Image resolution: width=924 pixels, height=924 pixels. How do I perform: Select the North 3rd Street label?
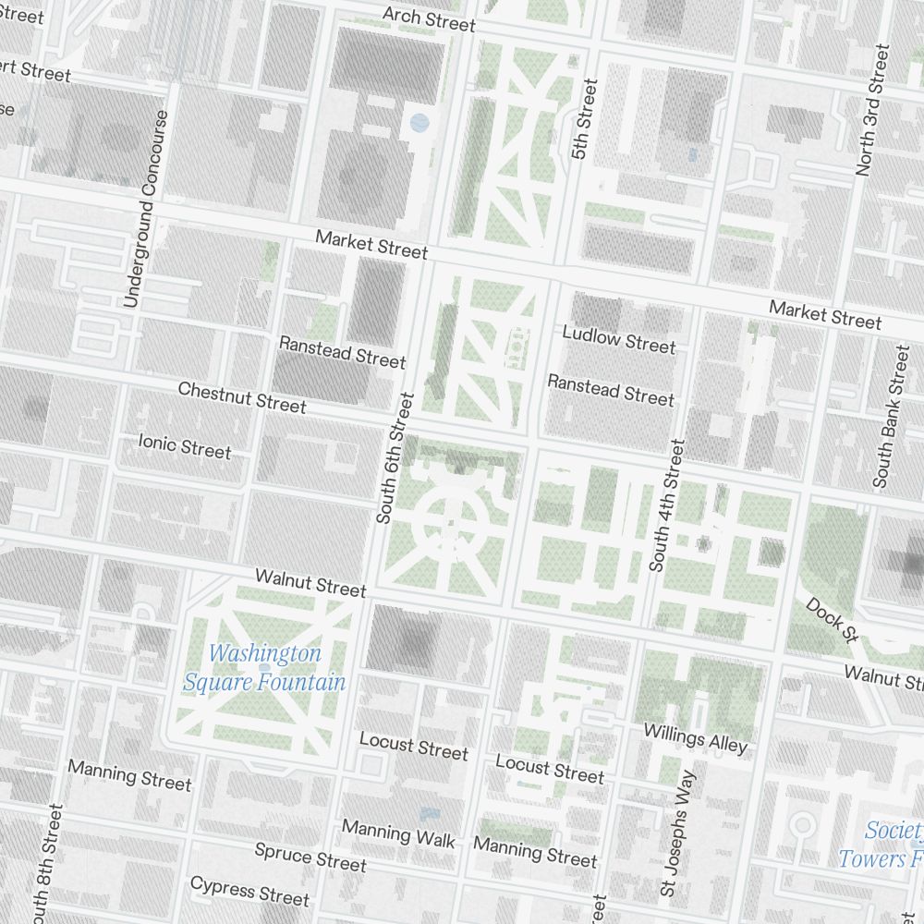[x=872, y=109]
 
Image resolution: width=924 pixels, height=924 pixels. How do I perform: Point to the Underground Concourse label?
[x=147, y=209]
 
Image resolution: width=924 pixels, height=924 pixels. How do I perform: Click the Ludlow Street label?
[x=618, y=339]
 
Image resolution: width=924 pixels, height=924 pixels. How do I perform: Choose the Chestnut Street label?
[x=242, y=397]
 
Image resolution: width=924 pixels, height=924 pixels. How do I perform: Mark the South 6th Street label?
[x=392, y=458]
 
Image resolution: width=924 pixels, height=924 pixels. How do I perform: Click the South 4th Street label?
[x=666, y=505]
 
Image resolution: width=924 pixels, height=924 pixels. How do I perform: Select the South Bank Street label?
[x=892, y=417]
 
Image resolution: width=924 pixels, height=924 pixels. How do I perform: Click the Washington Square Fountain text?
[x=264, y=668]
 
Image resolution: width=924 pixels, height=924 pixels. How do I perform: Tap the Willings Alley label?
[x=695, y=737]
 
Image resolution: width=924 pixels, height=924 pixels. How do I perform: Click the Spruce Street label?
[x=310, y=857]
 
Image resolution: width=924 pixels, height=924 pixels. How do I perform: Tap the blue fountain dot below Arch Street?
[x=419, y=121]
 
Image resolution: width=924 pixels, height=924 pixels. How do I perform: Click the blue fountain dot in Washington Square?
[x=265, y=667]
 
